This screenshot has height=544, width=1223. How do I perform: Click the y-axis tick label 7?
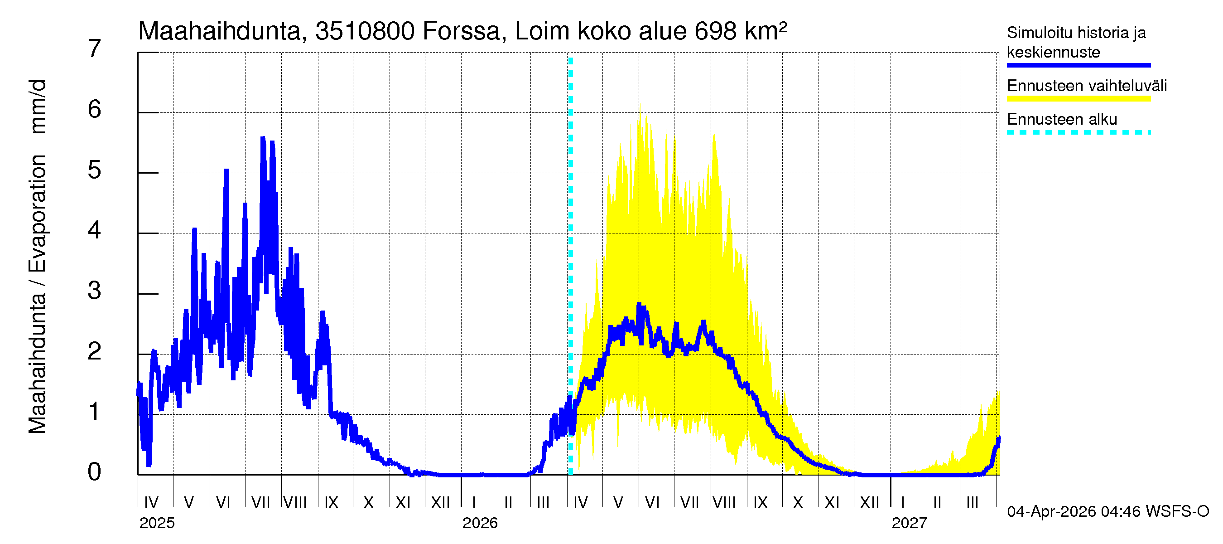(95, 49)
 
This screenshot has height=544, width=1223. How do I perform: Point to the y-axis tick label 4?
(95, 231)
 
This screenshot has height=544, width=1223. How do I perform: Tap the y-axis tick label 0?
(95, 472)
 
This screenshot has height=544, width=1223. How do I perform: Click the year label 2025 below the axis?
(157, 523)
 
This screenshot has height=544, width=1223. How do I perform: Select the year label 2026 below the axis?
(480, 523)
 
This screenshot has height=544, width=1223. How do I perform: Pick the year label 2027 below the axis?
(909, 523)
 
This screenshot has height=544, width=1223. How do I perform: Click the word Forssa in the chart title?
(461, 31)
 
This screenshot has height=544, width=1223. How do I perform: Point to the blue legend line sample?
(1078, 65)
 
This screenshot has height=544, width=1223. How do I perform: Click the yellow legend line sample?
(1078, 99)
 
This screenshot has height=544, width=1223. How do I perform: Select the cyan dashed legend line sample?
(1078, 132)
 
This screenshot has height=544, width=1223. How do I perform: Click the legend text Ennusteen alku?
(1062, 119)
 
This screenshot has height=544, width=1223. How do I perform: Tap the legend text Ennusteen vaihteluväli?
(1086, 86)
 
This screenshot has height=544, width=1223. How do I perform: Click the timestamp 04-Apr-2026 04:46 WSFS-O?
(1107, 512)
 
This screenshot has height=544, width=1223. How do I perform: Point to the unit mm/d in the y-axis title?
(38, 107)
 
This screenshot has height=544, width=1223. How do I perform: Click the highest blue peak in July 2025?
(263, 138)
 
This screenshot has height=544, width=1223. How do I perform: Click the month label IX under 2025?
(331, 503)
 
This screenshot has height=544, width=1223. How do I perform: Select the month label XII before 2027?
(869, 503)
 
